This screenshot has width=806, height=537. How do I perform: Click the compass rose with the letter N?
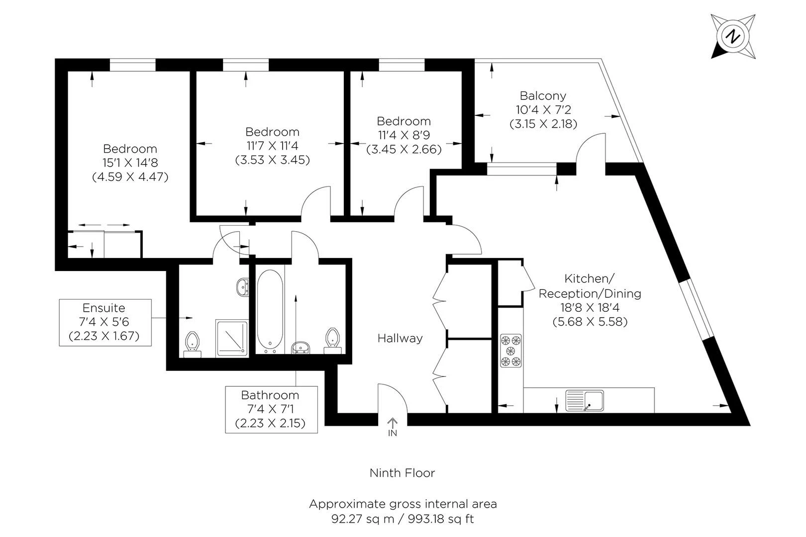[x=733, y=36]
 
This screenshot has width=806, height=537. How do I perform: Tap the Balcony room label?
[x=543, y=96]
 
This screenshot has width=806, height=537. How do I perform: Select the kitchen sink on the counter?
[x=584, y=400]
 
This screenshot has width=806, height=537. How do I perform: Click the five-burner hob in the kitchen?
[x=510, y=351]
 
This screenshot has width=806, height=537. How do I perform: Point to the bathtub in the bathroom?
[x=270, y=311]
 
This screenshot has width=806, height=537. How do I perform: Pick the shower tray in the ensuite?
[x=232, y=338]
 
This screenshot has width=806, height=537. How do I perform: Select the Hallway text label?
[x=400, y=339]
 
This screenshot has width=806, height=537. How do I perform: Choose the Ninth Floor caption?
[x=403, y=473]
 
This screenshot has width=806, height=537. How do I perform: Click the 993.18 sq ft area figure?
[x=441, y=519]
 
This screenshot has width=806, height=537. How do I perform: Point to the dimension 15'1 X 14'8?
[x=130, y=163]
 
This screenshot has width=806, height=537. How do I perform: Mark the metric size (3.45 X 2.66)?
[x=404, y=149]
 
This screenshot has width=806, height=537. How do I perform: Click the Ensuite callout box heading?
[x=104, y=308]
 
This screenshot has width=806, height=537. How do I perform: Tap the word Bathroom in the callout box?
[x=270, y=395]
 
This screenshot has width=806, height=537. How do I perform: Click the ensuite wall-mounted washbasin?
[x=243, y=287]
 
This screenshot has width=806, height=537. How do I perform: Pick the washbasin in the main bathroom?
[x=301, y=348]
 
